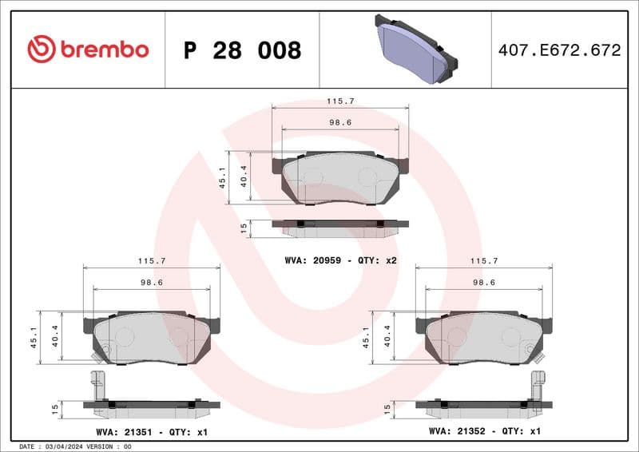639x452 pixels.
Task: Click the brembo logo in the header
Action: point(88,50)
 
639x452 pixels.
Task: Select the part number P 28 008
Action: point(242,50)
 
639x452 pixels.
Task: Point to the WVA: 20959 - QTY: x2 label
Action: point(340,260)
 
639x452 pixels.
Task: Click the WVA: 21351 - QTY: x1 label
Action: point(153,431)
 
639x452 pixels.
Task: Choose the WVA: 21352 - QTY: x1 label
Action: point(485,431)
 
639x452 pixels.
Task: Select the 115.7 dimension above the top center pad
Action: point(340,102)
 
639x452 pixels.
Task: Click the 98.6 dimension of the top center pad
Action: point(340,122)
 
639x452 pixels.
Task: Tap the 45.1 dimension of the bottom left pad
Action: point(34,337)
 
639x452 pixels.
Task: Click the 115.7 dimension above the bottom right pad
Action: point(484,260)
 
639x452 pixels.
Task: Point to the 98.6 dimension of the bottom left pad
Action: point(152,282)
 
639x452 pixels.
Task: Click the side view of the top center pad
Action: point(340,228)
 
